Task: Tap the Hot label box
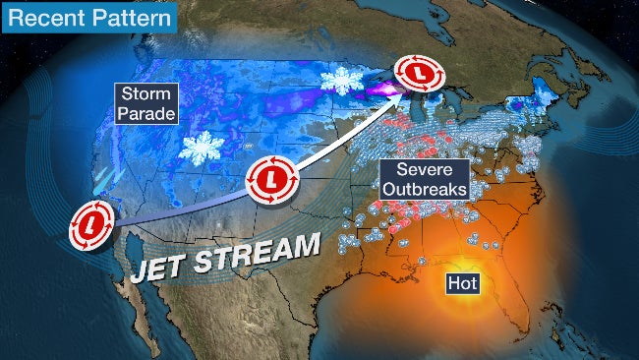point(461,282)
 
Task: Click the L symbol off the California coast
point(89,226)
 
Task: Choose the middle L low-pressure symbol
point(268,178)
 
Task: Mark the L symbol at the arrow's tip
point(418,73)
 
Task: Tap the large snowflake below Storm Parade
point(203,149)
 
